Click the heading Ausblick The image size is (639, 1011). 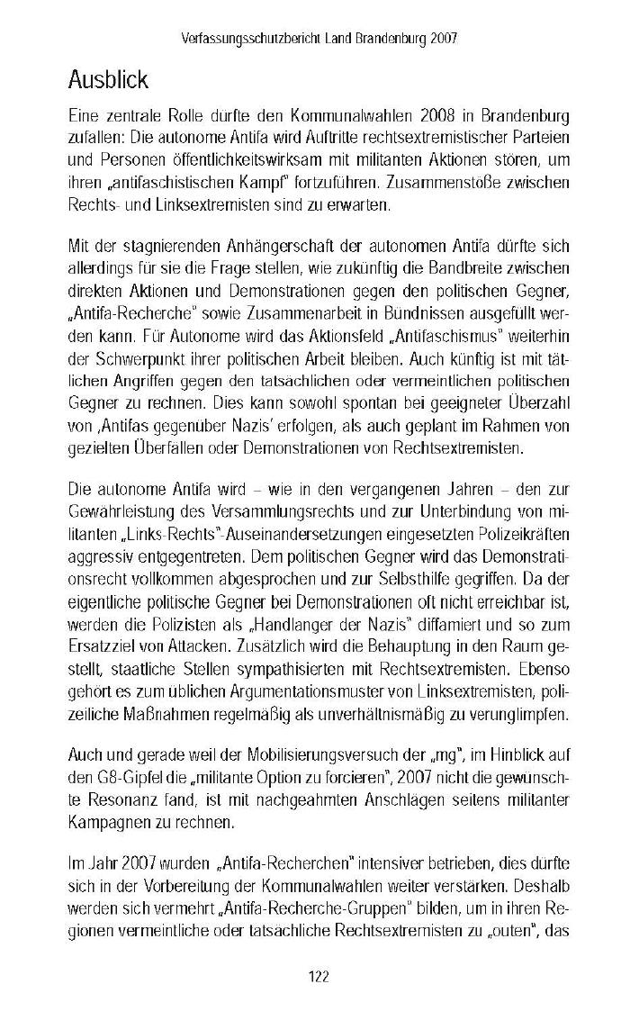click(x=108, y=81)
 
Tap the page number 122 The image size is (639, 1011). click(x=319, y=977)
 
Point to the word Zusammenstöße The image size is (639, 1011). click(x=447, y=183)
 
